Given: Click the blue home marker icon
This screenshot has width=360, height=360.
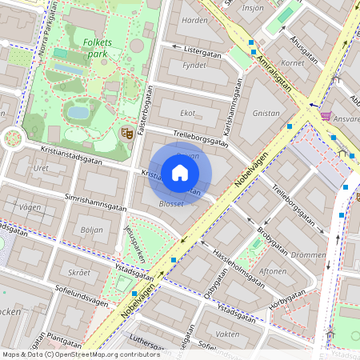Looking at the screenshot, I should (180, 172).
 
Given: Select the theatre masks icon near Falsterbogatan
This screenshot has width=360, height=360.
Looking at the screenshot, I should (125, 133).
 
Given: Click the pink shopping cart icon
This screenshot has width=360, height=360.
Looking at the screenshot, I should (326, 116).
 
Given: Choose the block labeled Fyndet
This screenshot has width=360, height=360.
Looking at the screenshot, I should (194, 67).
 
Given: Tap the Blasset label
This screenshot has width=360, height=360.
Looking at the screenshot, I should (171, 204).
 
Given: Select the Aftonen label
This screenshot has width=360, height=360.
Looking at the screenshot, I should (274, 272).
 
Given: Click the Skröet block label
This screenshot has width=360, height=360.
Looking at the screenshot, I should (79, 272).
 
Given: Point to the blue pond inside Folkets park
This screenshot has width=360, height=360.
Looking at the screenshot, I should (78, 112).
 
